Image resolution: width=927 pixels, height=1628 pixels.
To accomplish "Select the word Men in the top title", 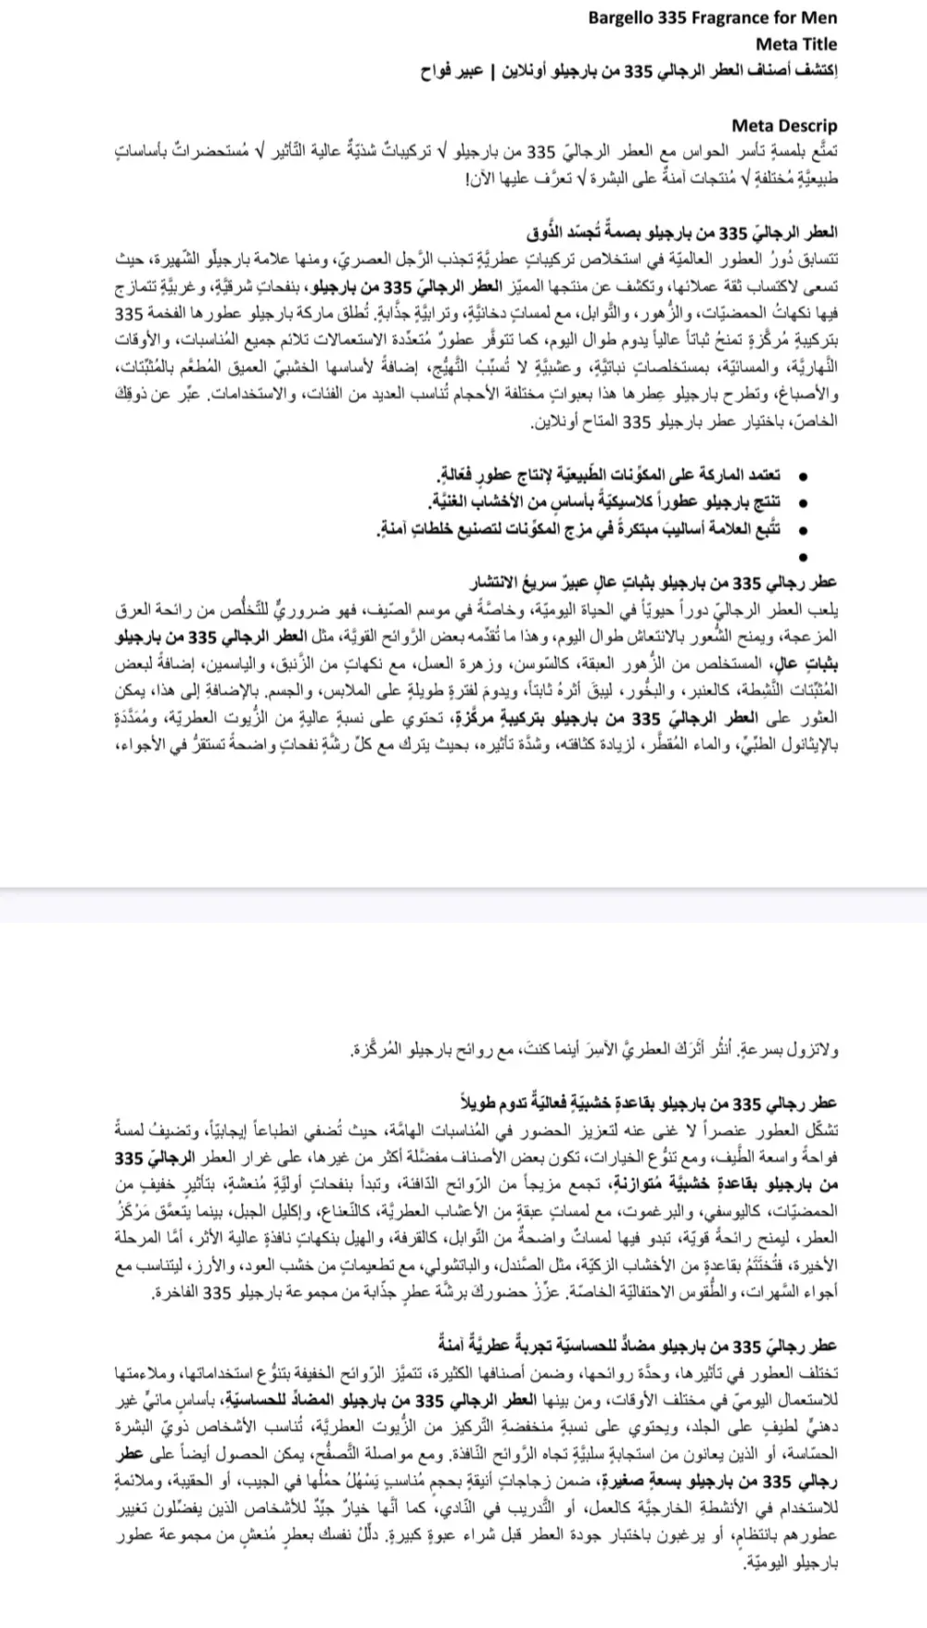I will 819,18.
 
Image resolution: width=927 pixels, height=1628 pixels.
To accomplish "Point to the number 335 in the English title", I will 674,18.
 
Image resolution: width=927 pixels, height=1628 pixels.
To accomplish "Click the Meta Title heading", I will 795,44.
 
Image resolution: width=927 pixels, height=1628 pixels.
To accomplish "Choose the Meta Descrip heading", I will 783,125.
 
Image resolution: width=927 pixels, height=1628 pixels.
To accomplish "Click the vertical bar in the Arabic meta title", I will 492,70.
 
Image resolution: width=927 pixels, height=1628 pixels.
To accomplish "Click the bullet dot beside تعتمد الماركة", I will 803,476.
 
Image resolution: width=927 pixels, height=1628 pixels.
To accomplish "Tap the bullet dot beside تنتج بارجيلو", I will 803,503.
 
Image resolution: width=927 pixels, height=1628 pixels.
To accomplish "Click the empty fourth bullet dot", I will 803,557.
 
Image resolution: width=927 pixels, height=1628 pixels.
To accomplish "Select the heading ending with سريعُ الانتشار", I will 655,583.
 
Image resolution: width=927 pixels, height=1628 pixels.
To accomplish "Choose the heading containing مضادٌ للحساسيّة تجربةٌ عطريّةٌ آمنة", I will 639,1344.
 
